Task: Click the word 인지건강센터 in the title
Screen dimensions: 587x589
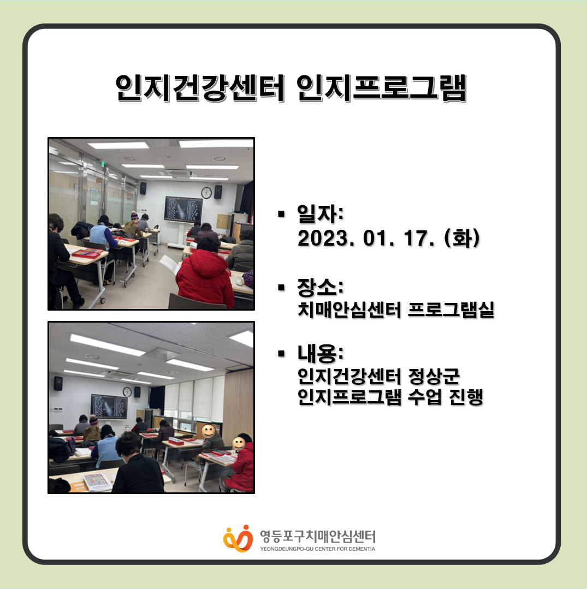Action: click(x=199, y=88)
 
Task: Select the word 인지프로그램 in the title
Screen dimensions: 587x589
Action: click(x=382, y=88)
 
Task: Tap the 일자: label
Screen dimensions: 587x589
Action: click(x=320, y=214)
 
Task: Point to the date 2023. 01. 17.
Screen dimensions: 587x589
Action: click(x=366, y=238)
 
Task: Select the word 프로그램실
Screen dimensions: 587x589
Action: click(x=451, y=310)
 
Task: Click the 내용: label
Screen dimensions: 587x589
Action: click(x=320, y=354)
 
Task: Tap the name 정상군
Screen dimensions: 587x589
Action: click(x=434, y=376)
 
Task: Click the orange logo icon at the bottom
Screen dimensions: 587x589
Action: click(x=238, y=538)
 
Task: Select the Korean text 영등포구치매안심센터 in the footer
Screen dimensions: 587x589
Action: click(x=318, y=537)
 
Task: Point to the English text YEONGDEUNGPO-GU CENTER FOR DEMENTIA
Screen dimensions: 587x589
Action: click(x=318, y=549)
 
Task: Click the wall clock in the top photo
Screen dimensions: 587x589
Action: click(x=206, y=193)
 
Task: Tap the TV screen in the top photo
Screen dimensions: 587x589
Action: click(x=183, y=209)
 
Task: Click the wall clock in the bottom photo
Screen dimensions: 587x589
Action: click(x=127, y=392)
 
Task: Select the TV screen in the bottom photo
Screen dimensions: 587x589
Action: click(x=109, y=406)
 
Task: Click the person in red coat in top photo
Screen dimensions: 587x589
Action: click(x=205, y=277)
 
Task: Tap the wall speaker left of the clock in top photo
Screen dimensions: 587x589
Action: click(x=143, y=188)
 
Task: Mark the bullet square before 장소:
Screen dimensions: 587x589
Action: click(x=281, y=288)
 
